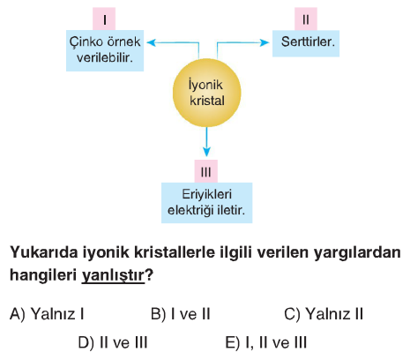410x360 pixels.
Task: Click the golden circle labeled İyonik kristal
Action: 207,93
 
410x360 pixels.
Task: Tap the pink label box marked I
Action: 104,19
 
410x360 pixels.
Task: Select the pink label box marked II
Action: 306,19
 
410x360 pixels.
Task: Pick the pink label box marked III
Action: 206,171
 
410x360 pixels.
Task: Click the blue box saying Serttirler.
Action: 306,43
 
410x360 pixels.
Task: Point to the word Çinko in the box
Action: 86,42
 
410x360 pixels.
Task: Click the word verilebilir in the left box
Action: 105,57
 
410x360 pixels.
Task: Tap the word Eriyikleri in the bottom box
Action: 207,194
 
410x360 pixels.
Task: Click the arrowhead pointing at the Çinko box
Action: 151,42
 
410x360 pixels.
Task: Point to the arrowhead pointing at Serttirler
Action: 265,42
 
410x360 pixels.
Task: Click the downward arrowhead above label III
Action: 206,152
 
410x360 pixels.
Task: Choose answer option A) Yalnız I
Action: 47,314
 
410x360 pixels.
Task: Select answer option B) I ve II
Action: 181,314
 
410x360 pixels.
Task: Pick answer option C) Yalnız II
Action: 324,314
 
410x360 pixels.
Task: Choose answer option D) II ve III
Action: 113,342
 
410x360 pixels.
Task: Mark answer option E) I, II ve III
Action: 266,342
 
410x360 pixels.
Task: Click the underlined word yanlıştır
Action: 113,275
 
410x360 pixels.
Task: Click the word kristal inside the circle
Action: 207,101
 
